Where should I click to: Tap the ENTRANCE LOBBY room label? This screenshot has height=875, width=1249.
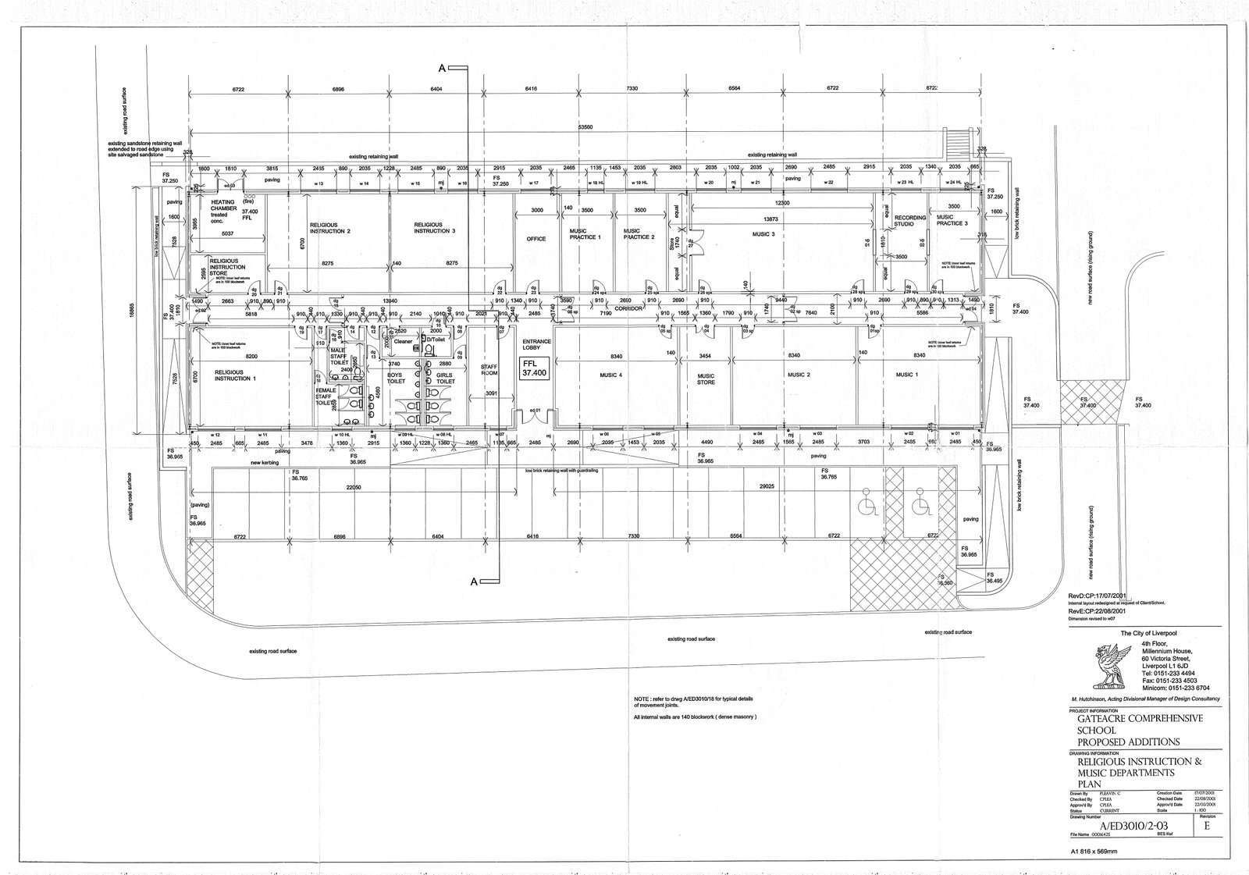pyautogui.click(x=536, y=344)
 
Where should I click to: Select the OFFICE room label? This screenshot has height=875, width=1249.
pyautogui.click(x=536, y=239)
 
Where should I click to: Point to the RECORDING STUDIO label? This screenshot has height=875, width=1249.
pyautogui.click(x=909, y=221)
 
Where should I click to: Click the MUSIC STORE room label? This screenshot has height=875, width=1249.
pyautogui.click(x=706, y=379)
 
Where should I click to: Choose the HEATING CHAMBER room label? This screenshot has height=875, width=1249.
pyautogui.click(x=223, y=208)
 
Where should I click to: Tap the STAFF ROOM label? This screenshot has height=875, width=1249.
pyautogui.click(x=489, y=370)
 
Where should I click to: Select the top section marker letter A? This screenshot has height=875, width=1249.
pyautogui.click(x=442, y=69)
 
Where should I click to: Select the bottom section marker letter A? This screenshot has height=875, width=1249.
pyautogui.click(x=474, y=581)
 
